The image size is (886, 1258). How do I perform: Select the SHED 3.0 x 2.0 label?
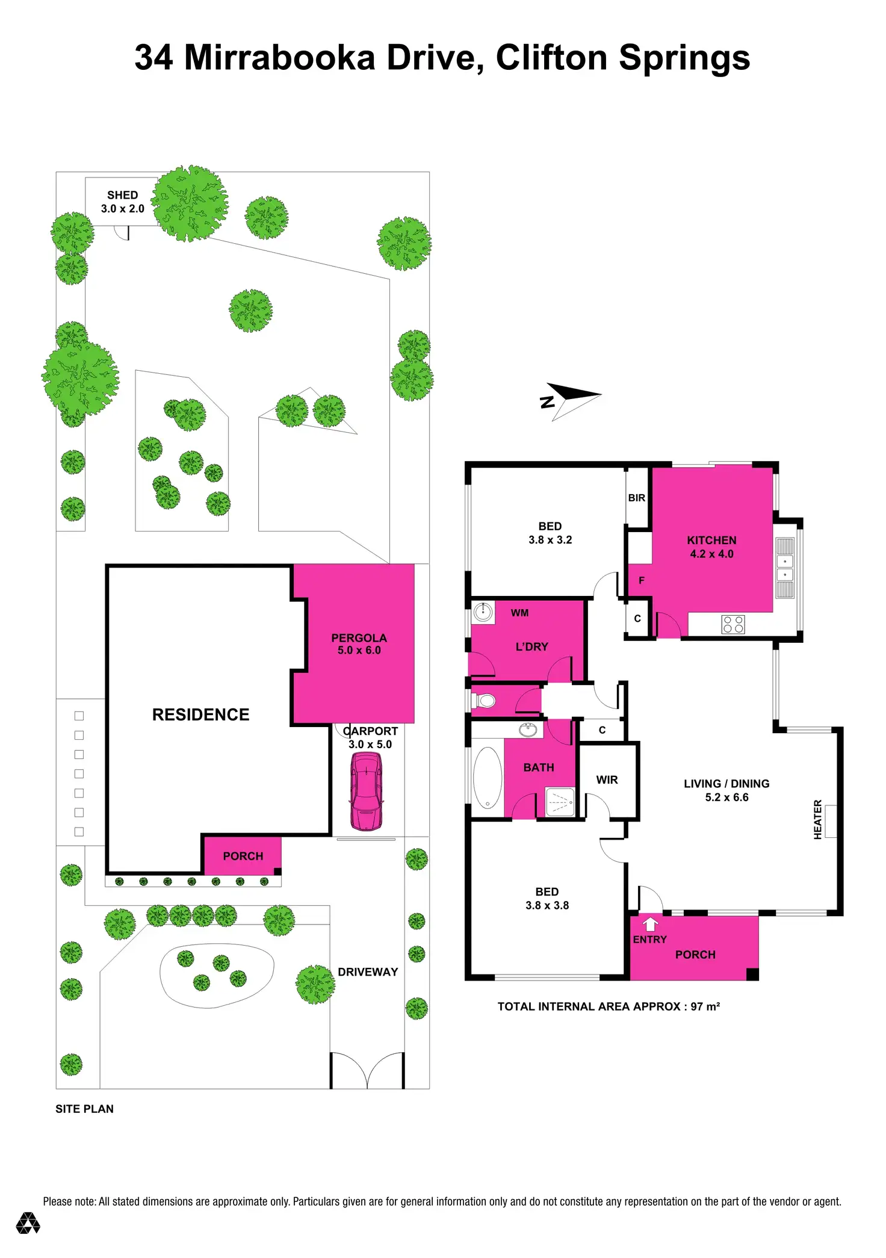point(122,202)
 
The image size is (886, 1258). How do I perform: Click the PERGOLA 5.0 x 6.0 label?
point(359,643)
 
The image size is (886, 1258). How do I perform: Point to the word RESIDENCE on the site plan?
point(200,714)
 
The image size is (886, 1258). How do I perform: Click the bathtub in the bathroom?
point(488,778)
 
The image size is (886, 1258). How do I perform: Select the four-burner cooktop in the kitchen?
point(733,624)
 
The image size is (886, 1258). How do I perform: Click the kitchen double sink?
point(784,568)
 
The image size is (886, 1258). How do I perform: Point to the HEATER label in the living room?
point(817,819)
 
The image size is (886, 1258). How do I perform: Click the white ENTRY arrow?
point(650,923)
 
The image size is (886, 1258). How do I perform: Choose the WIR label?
point(607,779)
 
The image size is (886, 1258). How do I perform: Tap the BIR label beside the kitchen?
point(636,498)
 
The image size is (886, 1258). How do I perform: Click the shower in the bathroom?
point(560,802)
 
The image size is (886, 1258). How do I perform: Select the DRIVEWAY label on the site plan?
point(368,971)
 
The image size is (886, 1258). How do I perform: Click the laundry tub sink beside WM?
point(483,612)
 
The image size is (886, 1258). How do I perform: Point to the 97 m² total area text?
point(705,1006)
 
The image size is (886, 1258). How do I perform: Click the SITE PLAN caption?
point(84,1109)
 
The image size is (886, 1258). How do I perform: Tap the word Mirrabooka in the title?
point(279,58)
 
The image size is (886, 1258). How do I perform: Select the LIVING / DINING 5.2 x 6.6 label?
point(726,790)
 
